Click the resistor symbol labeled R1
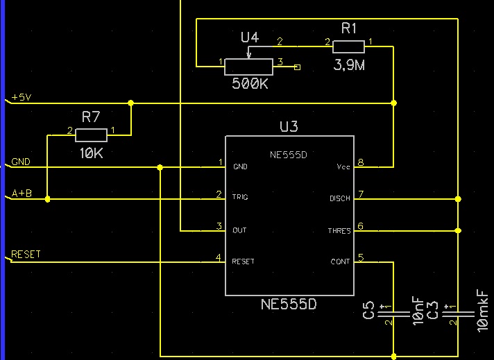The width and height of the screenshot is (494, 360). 348,46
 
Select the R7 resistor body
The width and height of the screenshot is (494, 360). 91,135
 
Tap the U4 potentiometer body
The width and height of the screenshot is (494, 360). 248,66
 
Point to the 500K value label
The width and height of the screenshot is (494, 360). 250,83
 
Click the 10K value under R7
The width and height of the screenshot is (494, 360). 91,153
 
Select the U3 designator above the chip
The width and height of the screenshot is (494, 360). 289,126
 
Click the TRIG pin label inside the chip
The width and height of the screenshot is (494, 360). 240,198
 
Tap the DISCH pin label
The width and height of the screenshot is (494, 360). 339,199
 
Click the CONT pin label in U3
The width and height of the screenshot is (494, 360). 340,262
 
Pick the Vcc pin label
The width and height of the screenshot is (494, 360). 343,167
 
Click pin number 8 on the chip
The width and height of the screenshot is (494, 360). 361,163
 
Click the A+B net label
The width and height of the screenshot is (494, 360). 22,194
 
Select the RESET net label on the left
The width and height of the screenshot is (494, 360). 26,255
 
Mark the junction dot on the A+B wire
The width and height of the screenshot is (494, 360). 47,199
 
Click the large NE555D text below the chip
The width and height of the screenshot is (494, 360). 289,304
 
